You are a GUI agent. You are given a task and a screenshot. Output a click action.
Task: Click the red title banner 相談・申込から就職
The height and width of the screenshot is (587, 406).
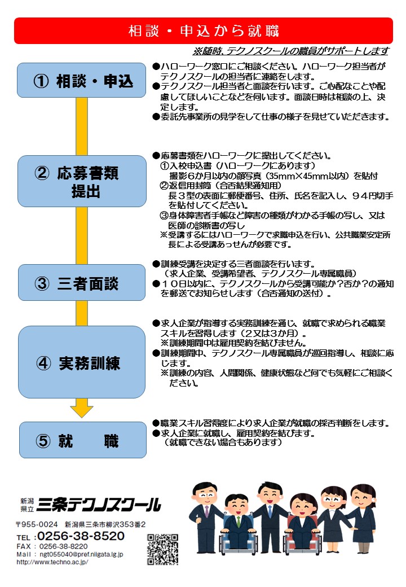point(204,30)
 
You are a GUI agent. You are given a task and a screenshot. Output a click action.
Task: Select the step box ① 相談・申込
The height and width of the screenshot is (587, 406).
point(82,80)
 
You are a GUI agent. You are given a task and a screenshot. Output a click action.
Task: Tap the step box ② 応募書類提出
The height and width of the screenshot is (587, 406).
point(82,181)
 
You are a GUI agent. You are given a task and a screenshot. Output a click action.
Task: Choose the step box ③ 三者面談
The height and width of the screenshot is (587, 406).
point(82,283)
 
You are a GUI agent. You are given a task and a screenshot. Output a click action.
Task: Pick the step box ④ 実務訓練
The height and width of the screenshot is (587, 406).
point(82,362)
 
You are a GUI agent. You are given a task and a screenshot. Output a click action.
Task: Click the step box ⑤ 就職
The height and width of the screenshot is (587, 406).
point(83,440)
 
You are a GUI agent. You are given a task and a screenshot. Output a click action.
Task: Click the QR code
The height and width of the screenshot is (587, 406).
point(162,549)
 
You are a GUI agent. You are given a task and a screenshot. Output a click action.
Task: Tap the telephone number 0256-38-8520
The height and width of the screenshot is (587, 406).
point(81,536)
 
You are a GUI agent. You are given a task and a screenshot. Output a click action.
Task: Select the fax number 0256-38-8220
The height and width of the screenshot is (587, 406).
point(64,546)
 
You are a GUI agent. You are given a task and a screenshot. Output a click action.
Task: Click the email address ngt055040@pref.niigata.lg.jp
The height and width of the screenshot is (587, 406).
point(81,554)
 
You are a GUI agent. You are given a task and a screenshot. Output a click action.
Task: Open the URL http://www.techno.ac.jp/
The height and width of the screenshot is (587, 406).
point(52,562)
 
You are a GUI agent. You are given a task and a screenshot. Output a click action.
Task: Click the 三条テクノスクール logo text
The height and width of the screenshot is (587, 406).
point(99,505)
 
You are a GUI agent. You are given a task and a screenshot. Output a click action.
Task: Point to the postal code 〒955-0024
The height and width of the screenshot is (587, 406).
point(37,524)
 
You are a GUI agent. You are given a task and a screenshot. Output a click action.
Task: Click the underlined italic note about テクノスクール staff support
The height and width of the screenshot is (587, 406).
point(291,51)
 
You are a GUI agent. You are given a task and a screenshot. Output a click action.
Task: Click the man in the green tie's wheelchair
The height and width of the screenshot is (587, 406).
point(239,535)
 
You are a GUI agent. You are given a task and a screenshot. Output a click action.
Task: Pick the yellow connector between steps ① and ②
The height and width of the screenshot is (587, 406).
point(82,126)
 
